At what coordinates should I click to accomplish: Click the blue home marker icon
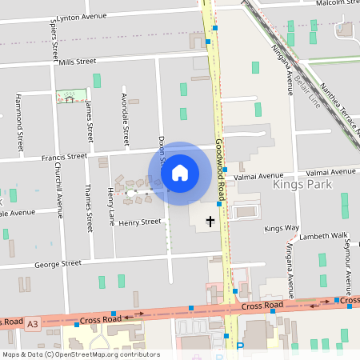pos(180,172)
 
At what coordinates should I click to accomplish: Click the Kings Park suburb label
pos(302,185)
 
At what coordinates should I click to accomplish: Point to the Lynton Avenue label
pos(82,17)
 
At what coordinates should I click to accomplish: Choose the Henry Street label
pos(140,222)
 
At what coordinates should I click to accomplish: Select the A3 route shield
pos(32,323)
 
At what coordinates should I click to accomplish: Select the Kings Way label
pos(281,228)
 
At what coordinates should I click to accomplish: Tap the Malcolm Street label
pos(336,3)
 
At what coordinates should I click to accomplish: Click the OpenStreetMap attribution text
pos(81,354)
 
